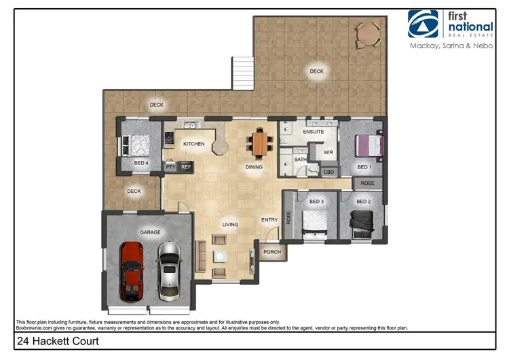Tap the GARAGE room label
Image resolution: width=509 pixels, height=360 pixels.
point(150,232)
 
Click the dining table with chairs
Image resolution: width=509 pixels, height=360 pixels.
point(260,143)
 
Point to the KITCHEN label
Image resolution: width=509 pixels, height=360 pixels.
point(194,144)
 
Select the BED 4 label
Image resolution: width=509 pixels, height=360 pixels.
point(141,164)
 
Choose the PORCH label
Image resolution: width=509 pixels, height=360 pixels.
point(271,252)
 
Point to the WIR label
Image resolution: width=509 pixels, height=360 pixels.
point(328,153)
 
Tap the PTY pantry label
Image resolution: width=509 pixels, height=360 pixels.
point(170,166)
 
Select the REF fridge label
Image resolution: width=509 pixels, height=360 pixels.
point(186,166)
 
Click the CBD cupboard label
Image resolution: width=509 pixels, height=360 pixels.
point(328,173)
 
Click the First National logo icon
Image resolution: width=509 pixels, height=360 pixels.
point(423,24)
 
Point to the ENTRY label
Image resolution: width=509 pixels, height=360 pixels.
point(269,219)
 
